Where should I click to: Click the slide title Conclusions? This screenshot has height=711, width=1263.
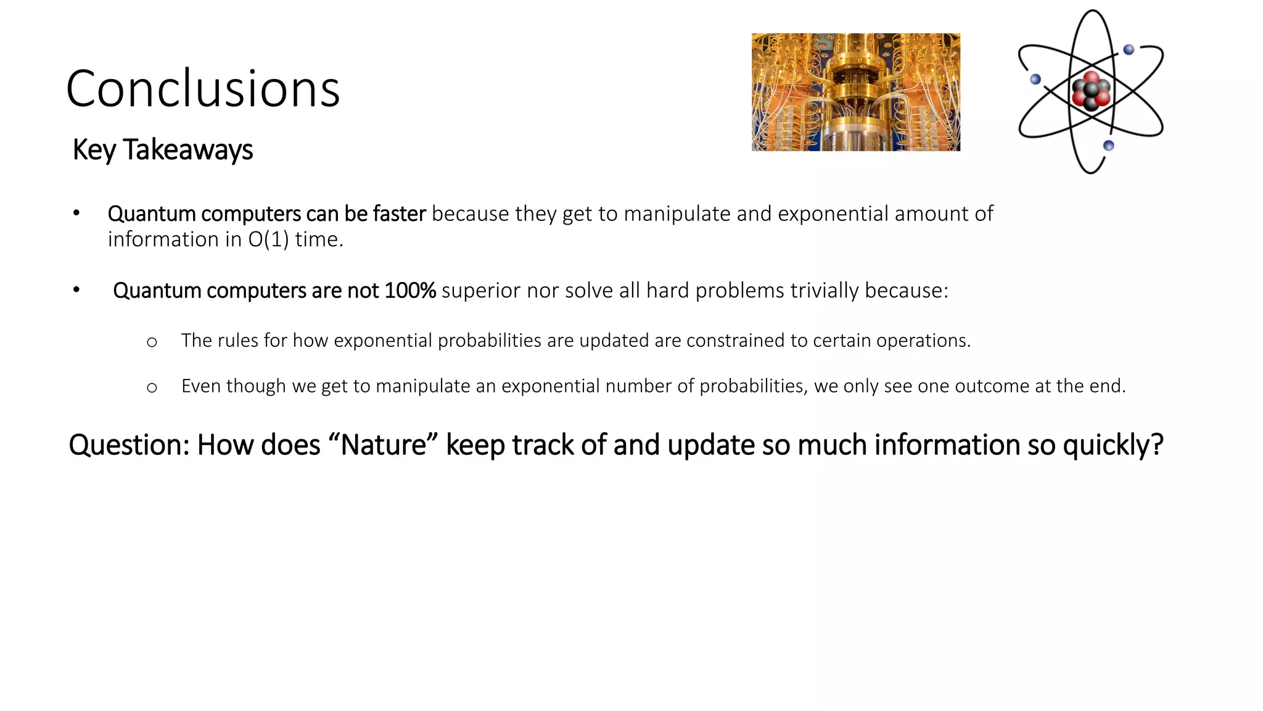(203, 89)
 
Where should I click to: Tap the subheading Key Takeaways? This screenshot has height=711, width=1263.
(162, 150)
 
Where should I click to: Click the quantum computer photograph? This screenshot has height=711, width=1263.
(855, 92)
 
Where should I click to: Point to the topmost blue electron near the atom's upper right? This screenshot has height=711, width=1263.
(1129, 50)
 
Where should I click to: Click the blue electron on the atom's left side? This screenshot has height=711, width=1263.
(1035, 79)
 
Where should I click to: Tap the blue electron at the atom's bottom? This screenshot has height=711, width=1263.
(1108, 146)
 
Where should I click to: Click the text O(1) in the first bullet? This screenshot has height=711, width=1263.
(268, 239)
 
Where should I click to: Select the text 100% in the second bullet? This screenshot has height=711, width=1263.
(409, 291)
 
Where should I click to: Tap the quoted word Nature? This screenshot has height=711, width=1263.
(384, 445)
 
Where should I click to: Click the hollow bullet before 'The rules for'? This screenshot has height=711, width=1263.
(152, 342)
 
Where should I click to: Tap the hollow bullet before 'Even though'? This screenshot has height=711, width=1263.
(152, 388)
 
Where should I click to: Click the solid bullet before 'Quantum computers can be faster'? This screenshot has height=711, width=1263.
(76, 214)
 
